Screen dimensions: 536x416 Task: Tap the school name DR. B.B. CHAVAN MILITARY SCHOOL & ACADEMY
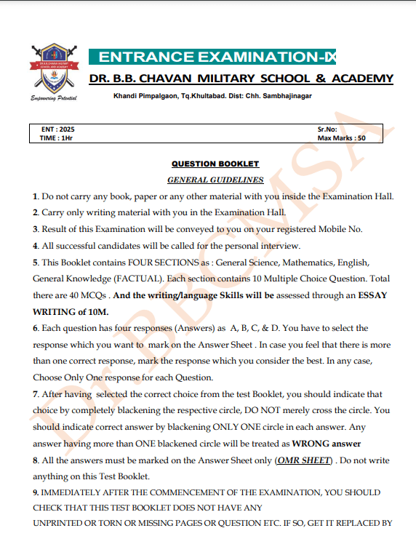[241, 79]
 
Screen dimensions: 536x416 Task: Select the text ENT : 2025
[59, 129]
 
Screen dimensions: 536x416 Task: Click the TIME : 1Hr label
[57, 137]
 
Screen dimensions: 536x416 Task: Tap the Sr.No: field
[327, 129]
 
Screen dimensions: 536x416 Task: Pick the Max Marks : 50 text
[341, 137]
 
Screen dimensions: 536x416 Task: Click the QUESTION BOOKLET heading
[215, 164]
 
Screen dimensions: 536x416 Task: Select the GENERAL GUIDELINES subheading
[215, 179]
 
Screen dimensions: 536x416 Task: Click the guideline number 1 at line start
[35, 196]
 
